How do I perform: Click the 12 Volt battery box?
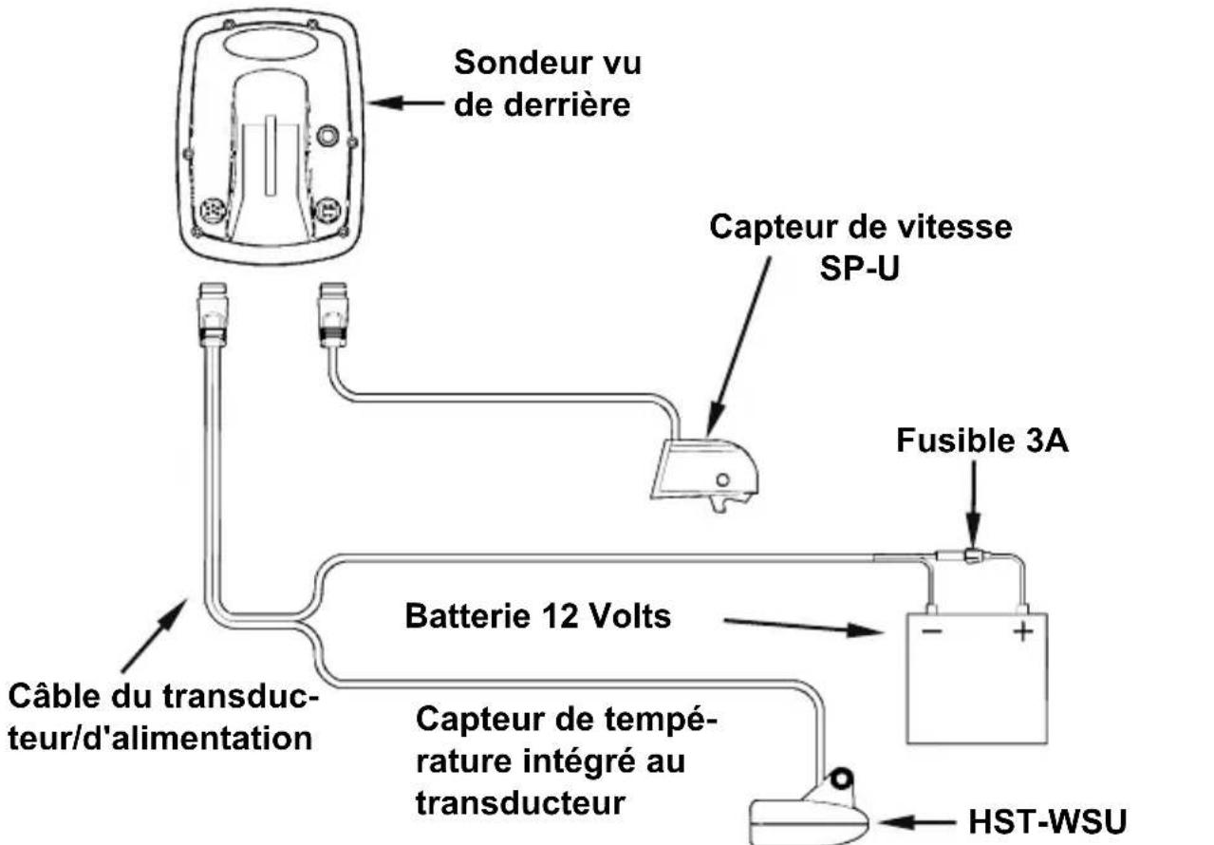point(976,679)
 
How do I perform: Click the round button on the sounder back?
point(327,136)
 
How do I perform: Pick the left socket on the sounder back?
point(212,208)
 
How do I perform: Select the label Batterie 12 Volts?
point(538,617)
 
